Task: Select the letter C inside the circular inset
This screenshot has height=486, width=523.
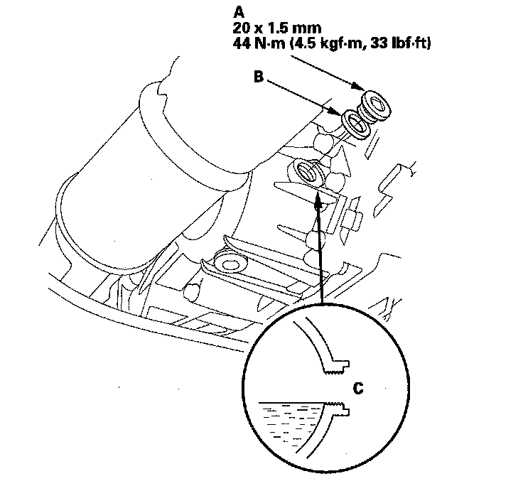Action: point(358,388)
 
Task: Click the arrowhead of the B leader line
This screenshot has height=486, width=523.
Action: point(339,110)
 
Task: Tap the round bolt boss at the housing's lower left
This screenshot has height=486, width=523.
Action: point(230,264)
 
